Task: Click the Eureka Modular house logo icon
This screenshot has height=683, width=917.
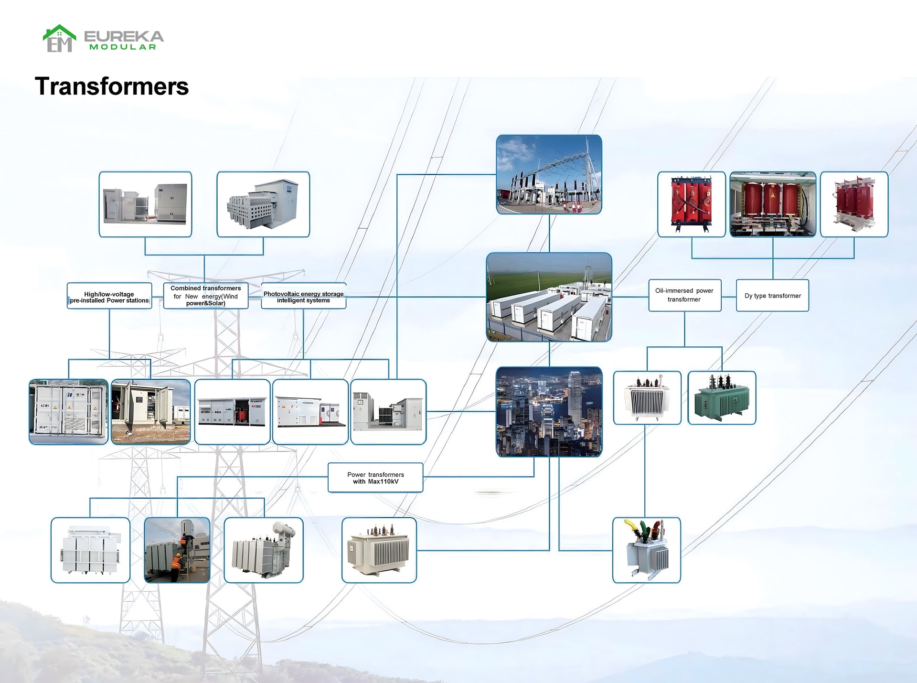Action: pos(59,38)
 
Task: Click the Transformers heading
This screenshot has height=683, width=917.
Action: pos(112,86)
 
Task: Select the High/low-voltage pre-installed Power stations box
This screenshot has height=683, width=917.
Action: pos(109,296)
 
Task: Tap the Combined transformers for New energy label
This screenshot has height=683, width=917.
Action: pos(206,296)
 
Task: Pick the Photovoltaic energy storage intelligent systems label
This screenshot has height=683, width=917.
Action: pos(304,297)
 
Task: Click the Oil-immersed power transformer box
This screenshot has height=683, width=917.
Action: pos(684,295)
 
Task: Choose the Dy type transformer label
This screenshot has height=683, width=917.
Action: pos(772,296)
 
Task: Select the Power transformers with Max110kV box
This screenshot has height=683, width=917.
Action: pos(375,478)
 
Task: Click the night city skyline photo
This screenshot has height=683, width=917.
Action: pos(549,412)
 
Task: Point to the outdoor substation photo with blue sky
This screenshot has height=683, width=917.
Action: pos(549,174)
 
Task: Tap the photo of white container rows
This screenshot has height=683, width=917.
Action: pos(549,297)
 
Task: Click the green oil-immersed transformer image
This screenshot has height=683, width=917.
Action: pos(722,398)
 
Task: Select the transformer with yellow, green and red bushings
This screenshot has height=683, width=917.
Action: pos(647,550)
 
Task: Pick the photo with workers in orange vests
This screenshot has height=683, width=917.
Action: pos(177,550)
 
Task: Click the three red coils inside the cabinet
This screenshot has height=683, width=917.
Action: pos(773,204)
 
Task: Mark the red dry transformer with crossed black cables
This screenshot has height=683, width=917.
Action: pos(692,204)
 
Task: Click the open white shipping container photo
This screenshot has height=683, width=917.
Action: pos(69,412)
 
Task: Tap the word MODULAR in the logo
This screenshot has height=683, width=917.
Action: pos(123,47)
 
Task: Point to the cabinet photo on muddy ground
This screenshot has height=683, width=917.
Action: pos(151,412)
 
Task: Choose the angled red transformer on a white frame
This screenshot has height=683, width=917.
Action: pos(854,204)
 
